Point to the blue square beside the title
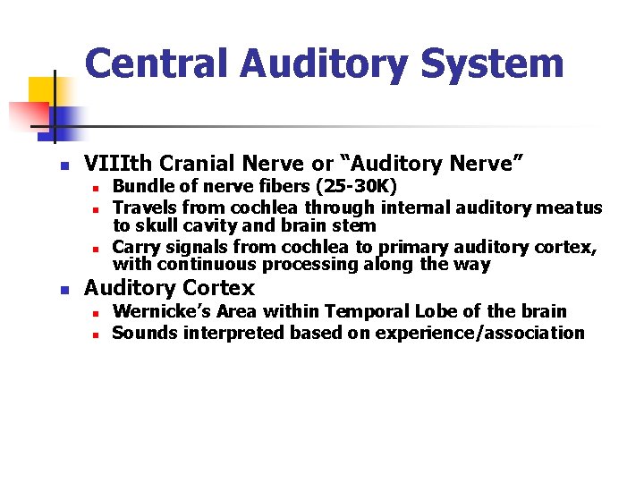point(65,118)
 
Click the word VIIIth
point(114,164)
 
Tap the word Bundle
point(142,186)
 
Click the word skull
point(157,225)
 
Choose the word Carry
point(135,247)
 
